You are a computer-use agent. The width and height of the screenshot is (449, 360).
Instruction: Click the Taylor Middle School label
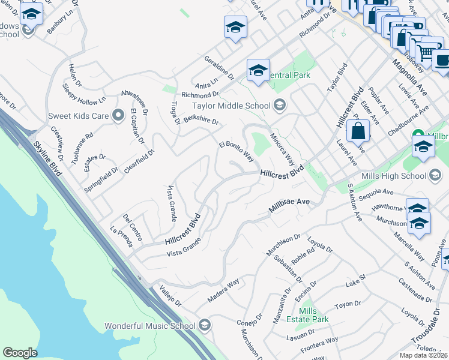[231, 106]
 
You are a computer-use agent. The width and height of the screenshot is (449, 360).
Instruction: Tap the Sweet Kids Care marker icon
[118, 115]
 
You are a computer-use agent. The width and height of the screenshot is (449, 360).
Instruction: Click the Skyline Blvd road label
[47, 159]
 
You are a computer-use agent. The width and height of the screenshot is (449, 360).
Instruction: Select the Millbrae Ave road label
[289, 202]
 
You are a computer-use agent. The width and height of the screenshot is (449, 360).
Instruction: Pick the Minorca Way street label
[281, 149]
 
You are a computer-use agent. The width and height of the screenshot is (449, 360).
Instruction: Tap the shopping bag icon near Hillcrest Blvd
[358, 131]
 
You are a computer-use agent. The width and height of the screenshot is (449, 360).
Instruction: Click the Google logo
[20, 353]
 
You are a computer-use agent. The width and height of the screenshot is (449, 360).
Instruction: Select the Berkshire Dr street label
[200, 121]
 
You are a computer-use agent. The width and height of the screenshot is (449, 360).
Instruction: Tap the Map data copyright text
[423, 355]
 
